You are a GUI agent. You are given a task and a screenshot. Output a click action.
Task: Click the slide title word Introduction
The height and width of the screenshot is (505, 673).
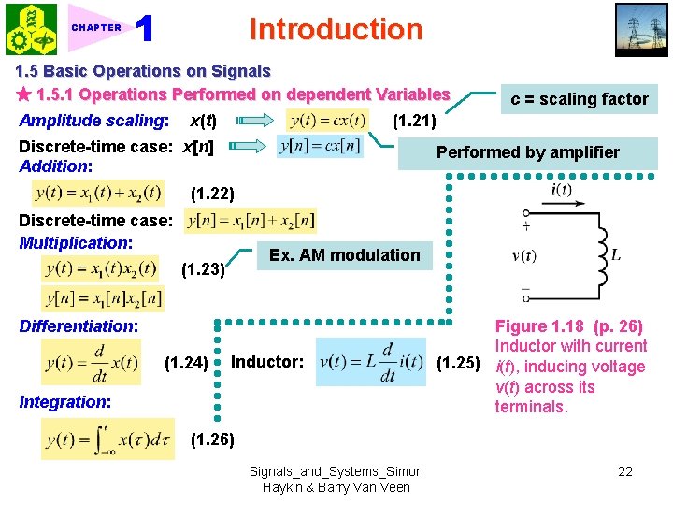point(336,29)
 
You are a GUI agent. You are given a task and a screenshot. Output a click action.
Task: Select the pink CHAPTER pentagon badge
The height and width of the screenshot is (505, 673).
point(95,28)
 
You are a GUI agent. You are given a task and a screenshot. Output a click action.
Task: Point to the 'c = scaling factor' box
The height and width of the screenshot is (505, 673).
point(578,99)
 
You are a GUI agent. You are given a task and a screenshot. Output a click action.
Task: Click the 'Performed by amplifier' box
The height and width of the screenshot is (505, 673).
point(528,152)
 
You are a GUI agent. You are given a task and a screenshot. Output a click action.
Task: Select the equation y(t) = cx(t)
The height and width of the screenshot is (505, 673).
point(327,121)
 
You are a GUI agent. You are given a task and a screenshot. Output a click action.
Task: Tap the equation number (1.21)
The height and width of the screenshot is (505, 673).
point(413,120)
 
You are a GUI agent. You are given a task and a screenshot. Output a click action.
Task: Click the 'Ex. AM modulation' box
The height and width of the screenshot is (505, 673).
point(344,254)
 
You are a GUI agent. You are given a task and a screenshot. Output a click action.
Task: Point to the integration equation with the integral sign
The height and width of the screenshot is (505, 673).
point(107,439)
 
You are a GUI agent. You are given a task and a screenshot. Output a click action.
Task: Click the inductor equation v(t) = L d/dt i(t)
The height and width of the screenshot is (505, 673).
point(372,362)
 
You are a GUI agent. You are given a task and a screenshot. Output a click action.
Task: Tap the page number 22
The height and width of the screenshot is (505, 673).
point(625,471)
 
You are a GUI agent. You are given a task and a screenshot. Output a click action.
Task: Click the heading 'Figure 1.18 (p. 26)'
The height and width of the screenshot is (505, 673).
point(568,326)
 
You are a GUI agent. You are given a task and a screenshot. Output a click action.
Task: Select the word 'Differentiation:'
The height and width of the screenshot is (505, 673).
point(79,326)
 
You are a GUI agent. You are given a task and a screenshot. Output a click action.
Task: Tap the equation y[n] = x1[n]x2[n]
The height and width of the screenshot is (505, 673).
point(102,298)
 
